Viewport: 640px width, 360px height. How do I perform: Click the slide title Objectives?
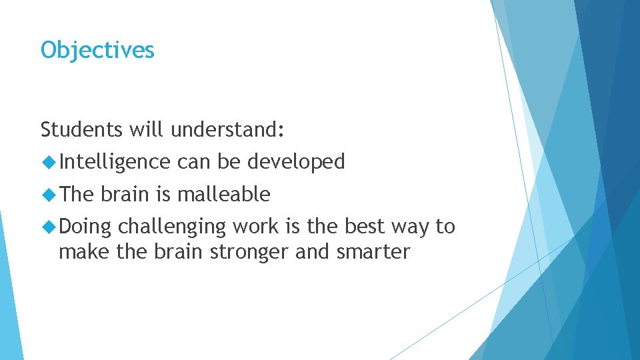tap(97, 50)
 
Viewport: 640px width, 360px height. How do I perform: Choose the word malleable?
tap(223, 195)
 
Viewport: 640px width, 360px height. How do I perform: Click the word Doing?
tap(85, 227)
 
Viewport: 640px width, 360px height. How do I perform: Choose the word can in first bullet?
tap(193, 162)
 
